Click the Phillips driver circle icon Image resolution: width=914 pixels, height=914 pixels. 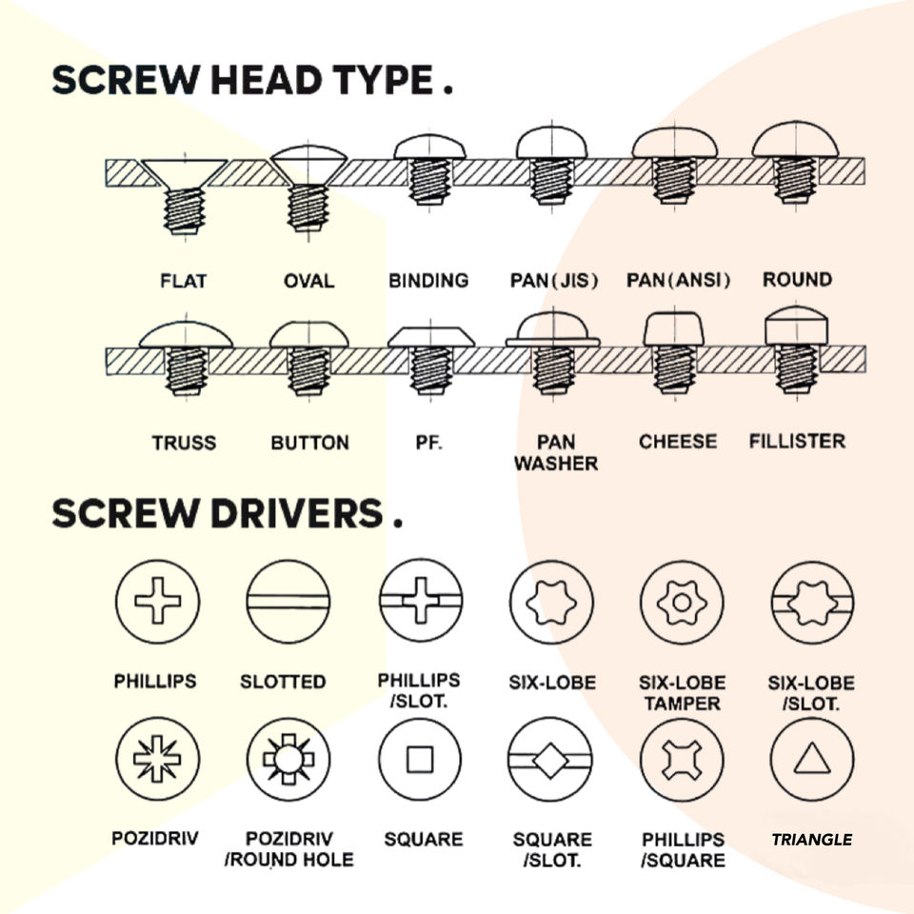pos(155,603)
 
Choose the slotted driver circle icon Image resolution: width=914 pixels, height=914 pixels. pos(287,603)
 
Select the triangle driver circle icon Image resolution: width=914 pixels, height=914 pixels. pos(811,760)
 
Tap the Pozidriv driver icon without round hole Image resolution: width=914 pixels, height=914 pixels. pos(155,760)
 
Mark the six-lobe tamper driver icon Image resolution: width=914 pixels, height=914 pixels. pos(681,603)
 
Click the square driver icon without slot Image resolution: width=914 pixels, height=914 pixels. pos(419,760)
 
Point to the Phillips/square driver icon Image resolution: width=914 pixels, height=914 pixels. pos(681,760)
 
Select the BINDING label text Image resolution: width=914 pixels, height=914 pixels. pos(428,281)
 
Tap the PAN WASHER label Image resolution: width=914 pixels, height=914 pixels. pos(555,453)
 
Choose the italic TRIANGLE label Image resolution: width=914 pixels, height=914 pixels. pos(811,840)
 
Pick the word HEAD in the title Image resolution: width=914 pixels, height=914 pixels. pos(267,81)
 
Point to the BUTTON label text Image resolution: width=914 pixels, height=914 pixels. pos(309,443)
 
